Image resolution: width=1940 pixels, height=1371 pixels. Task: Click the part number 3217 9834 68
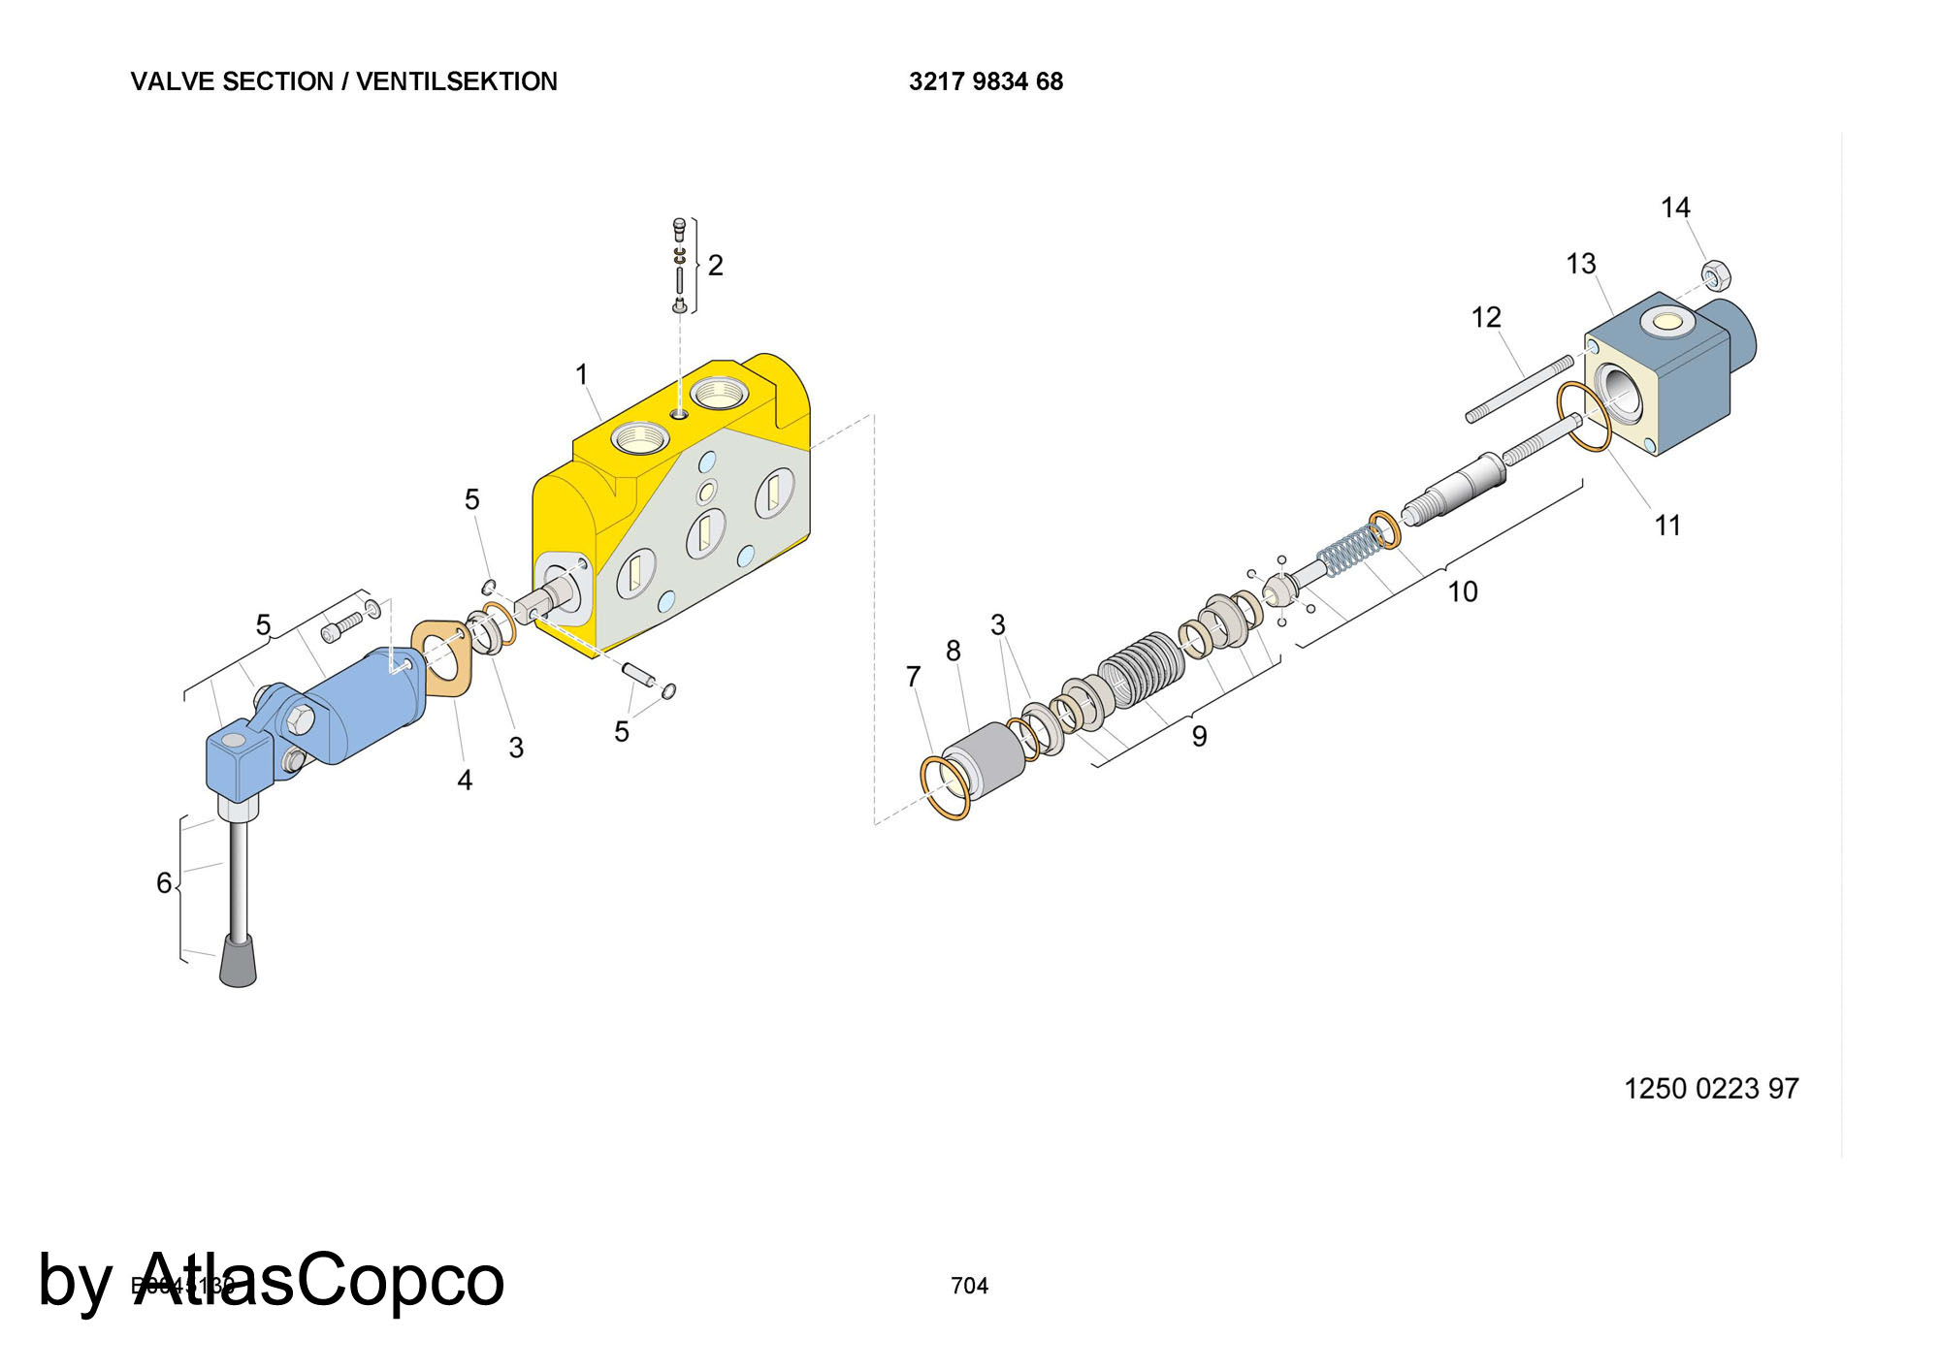point(986,81)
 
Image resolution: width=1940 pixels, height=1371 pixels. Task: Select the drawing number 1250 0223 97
point(1711,1089)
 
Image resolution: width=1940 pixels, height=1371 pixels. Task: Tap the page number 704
point(969,1286)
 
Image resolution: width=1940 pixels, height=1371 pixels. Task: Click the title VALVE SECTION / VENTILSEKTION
point(344,81)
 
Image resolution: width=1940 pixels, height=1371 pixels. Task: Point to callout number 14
point(1675,207)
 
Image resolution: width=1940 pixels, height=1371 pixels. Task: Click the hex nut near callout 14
point(1716,275)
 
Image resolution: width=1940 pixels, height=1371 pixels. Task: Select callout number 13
point(1581,264)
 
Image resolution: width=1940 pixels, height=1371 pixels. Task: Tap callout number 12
point(1486,317)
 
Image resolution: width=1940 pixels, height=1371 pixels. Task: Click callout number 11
point(1667,526)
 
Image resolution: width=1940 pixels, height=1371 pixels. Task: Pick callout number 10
point(1463,591)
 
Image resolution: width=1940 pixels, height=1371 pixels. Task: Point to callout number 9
point(1200,737)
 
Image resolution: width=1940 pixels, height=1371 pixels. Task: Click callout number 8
point(954,651)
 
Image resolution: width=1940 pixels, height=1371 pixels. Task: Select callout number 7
point(913,677)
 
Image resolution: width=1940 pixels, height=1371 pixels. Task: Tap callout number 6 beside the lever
point(164,882)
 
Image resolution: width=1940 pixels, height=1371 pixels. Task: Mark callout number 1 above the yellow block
point(582,374)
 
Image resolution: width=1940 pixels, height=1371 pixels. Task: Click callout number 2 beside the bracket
point(715,265)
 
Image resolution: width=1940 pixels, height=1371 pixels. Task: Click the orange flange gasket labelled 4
point(442,657)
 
